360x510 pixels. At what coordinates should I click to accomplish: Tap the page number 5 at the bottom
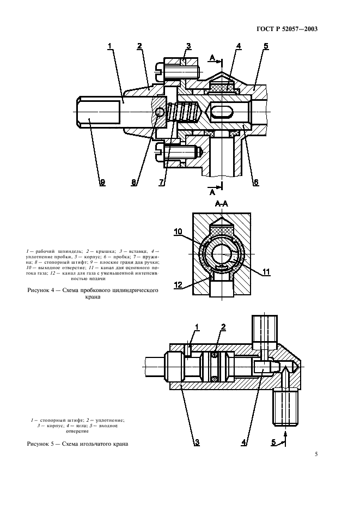click(x=316, y=453)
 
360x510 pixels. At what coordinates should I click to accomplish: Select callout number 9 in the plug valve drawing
click(x=101, y=183)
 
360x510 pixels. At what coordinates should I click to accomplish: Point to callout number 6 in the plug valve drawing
click(x=255, y=183)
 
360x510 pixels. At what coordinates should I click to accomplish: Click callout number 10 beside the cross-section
click(x=178, y=232)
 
